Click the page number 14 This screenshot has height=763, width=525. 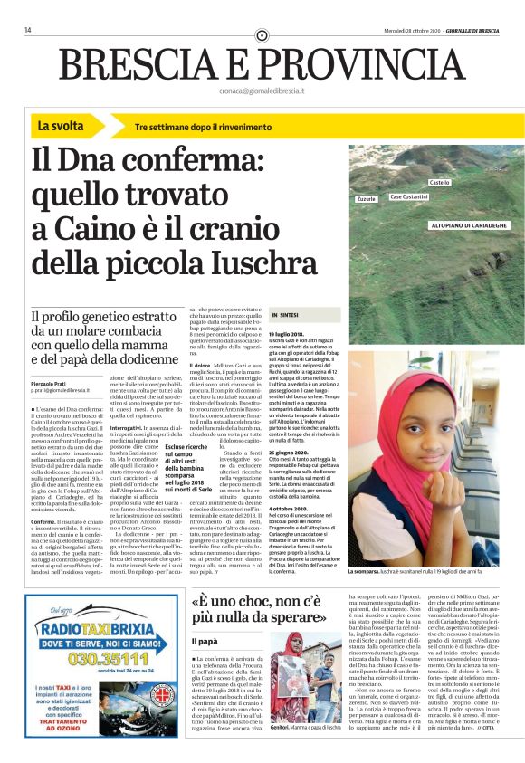point(28,30)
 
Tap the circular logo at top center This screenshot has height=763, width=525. point(262,35)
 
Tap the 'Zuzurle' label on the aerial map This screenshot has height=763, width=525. point(367,197)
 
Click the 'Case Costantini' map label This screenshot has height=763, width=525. point(409,196)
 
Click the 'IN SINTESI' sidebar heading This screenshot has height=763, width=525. point(287,315)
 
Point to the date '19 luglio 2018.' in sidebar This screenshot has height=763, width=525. point(286,335)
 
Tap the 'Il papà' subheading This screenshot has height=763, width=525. point(205,641)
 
